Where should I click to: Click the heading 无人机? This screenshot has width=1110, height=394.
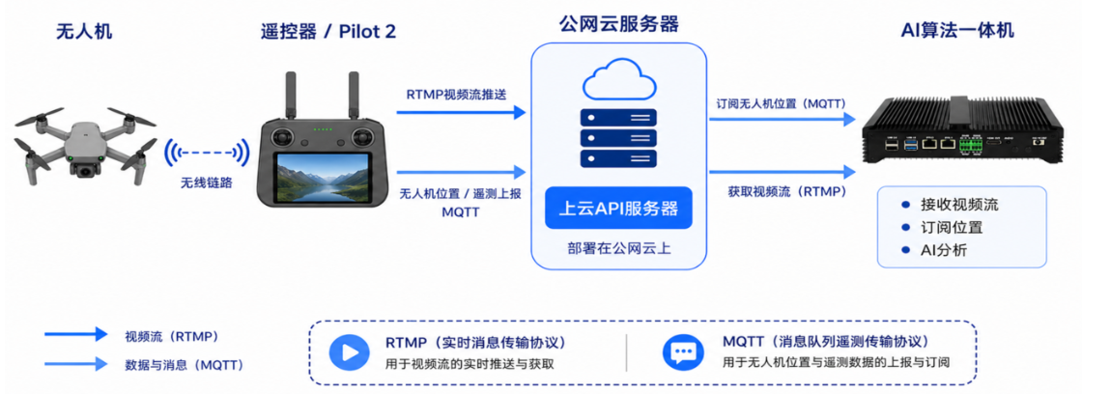click(84, 31)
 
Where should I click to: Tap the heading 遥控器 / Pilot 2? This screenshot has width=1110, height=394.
click(327, 31)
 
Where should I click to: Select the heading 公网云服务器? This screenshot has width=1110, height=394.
click(618, 24)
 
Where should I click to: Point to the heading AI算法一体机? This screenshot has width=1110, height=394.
click(957, 30)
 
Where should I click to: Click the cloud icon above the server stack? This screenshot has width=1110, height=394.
click(618, 80)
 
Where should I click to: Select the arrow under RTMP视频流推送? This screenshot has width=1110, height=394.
click(461, 112)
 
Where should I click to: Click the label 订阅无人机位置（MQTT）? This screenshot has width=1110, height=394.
click(781, 103)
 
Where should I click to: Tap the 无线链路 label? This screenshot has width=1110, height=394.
click(208, 183)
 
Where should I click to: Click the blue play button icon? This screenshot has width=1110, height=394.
click(350, 352)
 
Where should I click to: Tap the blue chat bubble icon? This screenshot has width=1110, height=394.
click(683, 352)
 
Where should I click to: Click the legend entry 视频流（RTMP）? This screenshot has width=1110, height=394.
click(171, 335)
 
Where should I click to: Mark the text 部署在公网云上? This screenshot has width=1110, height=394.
click(618, 248)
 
